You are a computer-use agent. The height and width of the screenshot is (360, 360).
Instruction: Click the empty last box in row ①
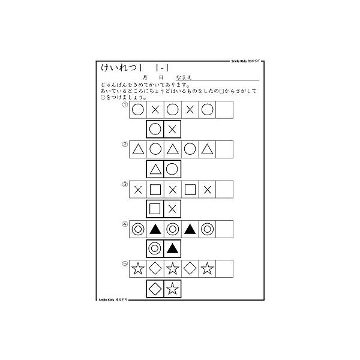[224, 110]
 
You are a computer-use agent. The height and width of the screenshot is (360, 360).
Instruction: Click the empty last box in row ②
[224, 149]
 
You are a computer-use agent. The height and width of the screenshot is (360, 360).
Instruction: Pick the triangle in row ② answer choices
[155, 169]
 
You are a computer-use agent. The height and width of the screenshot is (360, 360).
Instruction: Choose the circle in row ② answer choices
[172, 169]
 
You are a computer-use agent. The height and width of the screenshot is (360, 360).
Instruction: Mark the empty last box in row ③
[224, 189]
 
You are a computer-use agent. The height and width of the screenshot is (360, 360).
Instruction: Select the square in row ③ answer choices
[155, 209]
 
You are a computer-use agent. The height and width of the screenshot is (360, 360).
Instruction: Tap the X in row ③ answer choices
[172, 209]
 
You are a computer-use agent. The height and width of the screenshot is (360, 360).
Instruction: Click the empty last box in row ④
[224, 229]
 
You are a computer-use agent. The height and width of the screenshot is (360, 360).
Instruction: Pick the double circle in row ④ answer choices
[155, 248]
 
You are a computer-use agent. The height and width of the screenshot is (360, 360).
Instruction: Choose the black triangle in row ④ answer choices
[172, 248]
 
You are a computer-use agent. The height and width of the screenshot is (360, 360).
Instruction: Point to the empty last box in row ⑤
[224, 268]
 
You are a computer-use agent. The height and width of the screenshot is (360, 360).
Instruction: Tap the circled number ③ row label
[125, 183]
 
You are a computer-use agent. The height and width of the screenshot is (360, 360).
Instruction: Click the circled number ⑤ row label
[125, 262]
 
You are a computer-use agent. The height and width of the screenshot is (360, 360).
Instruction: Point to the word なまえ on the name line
[182, 77]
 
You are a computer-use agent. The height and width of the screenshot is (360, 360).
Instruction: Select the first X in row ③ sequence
[137, 189]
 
